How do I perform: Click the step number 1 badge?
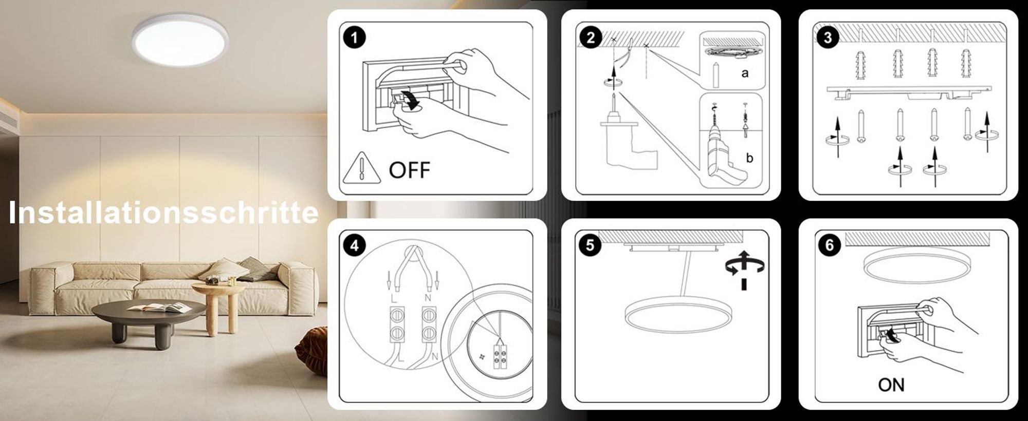click(355, 38)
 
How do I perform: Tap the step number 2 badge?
click(591, 37)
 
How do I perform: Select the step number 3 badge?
click(828, 37)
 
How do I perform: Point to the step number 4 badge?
click(355, 246)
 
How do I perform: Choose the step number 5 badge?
click(590, 245)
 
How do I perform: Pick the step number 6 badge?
click(829, 245)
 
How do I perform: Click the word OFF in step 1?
click(409, 170)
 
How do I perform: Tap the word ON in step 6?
click(891, 385)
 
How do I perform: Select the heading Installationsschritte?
click(163, 213)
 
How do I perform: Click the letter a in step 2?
click(745, 73)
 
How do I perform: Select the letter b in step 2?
click(749, 158)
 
